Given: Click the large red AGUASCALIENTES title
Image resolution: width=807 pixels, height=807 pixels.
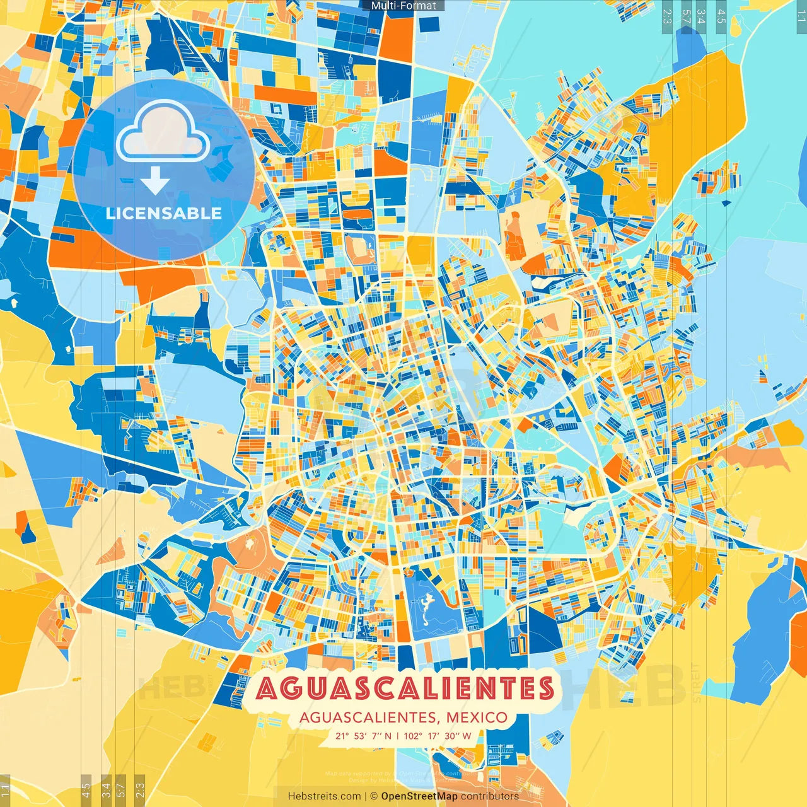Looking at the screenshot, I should pyautogui.click(x=404, y=688).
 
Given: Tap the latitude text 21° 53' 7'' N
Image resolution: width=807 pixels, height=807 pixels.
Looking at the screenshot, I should pyautogui.click(x=363, y=736).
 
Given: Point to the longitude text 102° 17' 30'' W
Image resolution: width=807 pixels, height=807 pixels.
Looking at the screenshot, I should pyautogui.click(x=438, y=736).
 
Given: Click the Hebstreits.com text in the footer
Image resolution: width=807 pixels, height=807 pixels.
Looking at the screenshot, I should pyautogui.click(x=324, y=796).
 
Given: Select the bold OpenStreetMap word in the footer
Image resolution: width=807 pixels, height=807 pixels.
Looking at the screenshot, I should pyautogui.click(x=419, y=796).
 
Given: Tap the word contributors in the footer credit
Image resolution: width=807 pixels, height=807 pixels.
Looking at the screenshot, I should pyautogui.click(x=490, y=796).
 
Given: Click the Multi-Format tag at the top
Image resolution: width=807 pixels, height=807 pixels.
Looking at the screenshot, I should pyautogui.click(x=403, y=6).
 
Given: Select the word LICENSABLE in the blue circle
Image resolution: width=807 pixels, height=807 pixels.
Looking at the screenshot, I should pyautogui.click(x=164, y=213).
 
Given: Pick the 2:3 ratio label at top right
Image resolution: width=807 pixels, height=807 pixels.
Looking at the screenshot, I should pyautogui.click(x=667, y=16).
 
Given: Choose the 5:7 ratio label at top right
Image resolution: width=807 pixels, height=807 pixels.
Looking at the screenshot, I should pyautogui.click(x=685, y=16).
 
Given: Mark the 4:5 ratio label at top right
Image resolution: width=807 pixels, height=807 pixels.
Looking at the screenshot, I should pyautogui.click(x=721, y=16).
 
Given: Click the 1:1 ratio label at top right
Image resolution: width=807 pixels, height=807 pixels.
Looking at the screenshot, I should pyautogui.click(x=801, y=16).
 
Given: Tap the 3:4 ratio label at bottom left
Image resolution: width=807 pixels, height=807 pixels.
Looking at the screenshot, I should pyautogui.click(x=106, y=789).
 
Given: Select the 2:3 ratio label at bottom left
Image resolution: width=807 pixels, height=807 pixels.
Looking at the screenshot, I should pyautogui.click(x=139, y=789).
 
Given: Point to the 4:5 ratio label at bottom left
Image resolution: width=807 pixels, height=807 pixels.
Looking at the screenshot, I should pyautogui.click(x=86, y=789).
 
